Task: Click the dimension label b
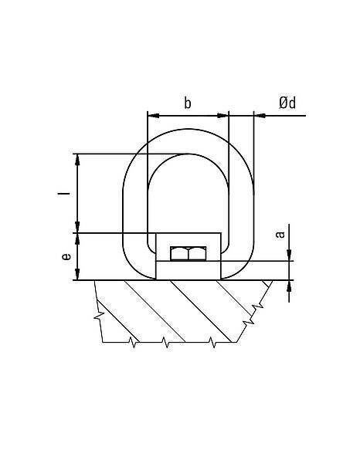click(187, 103)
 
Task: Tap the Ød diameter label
click(287, 103)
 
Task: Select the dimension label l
click(63, 193)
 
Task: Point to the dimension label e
click(66, 256)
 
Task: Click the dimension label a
click(280, 235)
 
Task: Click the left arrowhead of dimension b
click(153, 116)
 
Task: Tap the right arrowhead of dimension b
click(222, 116)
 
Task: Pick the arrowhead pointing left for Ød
click(260, 116)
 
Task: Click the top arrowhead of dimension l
click(77, 160)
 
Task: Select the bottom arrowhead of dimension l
click(77, 227)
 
